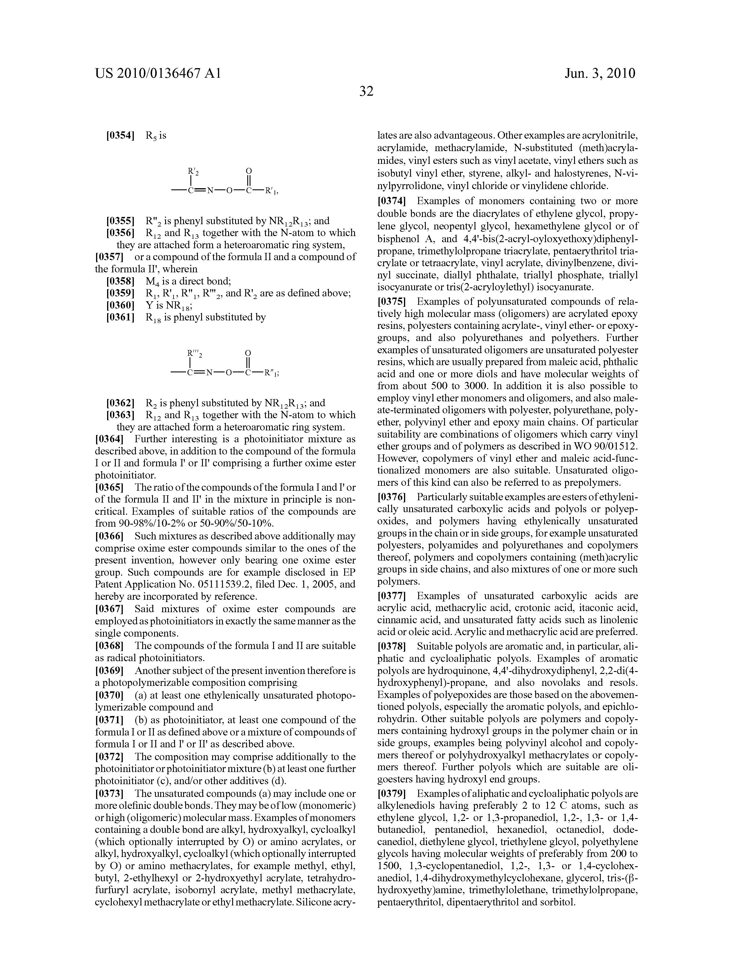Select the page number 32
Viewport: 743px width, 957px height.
pos(366,91)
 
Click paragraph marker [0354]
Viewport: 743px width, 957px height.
pos(120,135)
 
